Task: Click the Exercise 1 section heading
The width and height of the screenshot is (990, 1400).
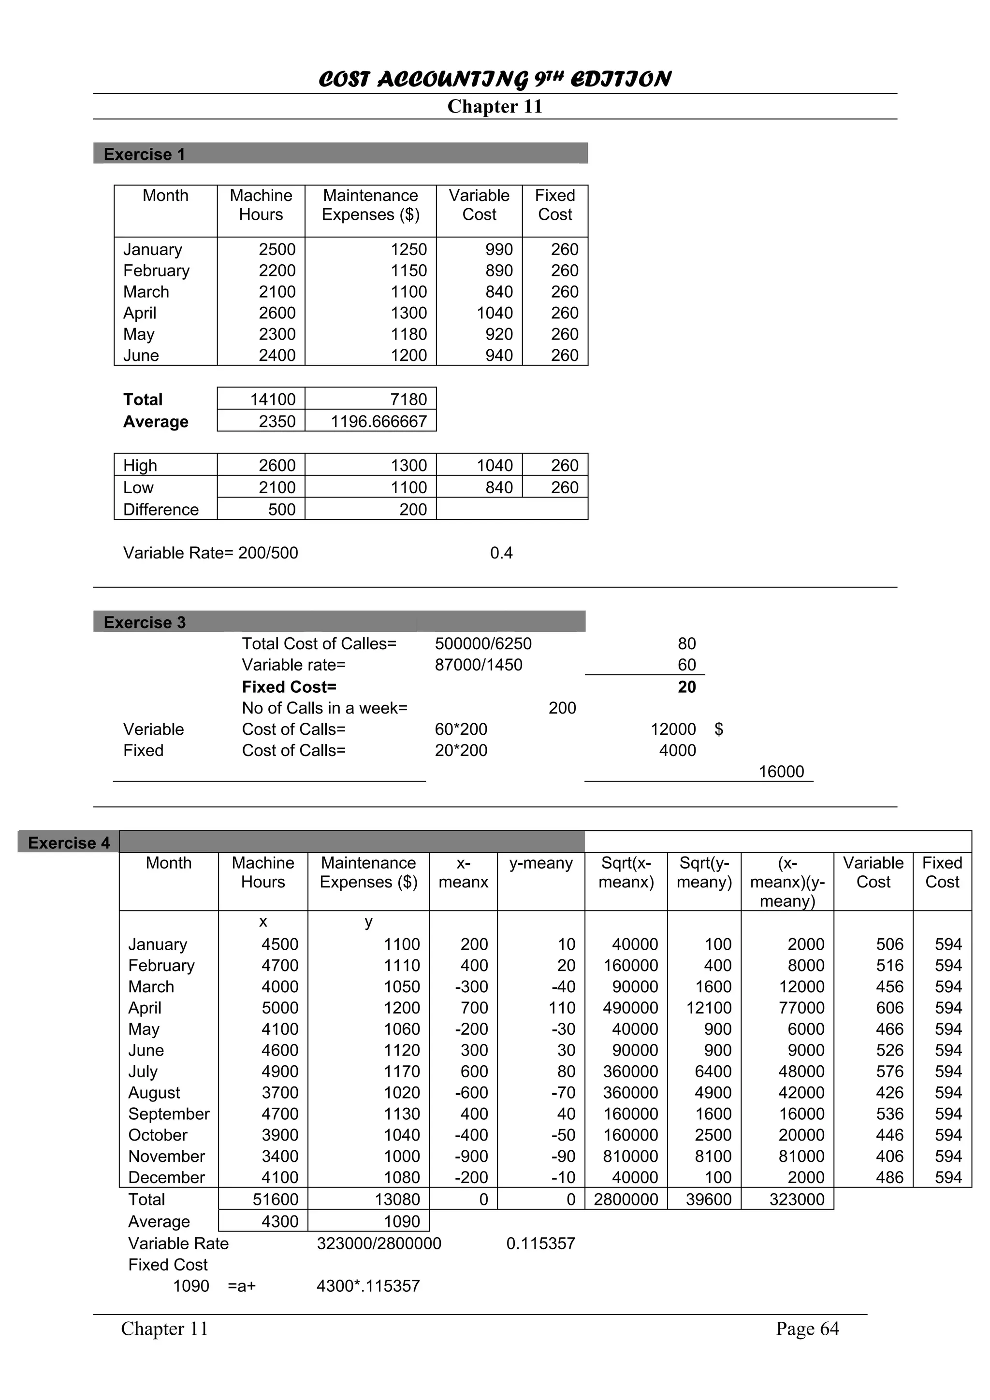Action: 144,154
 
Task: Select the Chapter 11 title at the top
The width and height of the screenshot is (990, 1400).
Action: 494,106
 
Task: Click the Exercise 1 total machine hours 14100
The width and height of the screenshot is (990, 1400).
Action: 273,400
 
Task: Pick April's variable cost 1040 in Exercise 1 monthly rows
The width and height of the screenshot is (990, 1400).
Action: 494,313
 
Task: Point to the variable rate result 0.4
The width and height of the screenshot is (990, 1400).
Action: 501,553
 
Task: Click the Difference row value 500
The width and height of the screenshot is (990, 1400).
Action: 281,509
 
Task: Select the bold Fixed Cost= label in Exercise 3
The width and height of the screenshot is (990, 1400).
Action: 289,686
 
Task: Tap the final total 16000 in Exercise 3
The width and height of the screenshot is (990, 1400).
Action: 781,771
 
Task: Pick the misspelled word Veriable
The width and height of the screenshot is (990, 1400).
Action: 153,729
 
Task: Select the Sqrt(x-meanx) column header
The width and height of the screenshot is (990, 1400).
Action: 626,872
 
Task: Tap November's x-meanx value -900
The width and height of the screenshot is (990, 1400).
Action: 471,1156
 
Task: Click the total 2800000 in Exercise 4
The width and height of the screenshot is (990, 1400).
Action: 626,1200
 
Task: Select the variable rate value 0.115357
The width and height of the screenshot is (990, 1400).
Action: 540,1243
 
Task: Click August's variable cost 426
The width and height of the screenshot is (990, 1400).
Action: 889,1093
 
